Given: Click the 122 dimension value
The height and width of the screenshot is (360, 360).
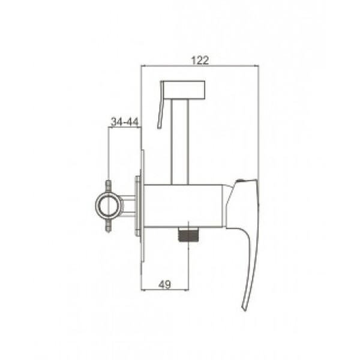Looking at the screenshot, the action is pyautogui.click(x=200, y=60).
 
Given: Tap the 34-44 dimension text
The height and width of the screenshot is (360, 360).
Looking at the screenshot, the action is pyautogui.click(x=125, y=122).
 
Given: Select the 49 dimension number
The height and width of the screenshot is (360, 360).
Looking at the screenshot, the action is pyautogui.click(x=164, y=284).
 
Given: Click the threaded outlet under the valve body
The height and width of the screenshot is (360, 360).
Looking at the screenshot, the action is pyautogui.click(x=188, y=235).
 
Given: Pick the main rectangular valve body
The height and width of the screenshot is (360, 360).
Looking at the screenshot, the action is pyautogui.click(x=183, y=206).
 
